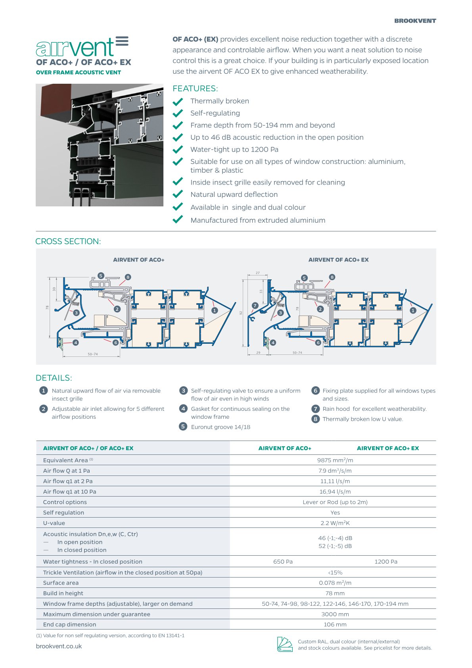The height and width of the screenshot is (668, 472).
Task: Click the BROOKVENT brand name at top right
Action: coord(415,21)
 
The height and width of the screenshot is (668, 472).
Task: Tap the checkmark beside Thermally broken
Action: coord(178,101)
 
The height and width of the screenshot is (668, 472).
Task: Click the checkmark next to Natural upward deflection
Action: coord(178,194)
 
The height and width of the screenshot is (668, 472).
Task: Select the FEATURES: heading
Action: coord(195,89)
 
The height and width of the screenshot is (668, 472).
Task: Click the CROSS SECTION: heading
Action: coord(68,241)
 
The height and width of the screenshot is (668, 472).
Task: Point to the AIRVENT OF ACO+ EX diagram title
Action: coord(338,260)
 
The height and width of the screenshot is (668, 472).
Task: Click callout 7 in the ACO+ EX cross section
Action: coord(255,305)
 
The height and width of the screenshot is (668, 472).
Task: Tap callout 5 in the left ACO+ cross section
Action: coord(101,275)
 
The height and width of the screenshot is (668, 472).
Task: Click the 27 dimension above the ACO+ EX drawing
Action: coord(258,273)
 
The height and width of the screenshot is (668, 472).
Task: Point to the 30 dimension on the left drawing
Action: coord(54,289)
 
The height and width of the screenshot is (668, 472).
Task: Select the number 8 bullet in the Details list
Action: coord(315,419)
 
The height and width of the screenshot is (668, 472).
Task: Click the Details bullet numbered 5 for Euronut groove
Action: coord(183,426)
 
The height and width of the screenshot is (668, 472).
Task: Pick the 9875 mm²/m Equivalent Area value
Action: coord(335,460)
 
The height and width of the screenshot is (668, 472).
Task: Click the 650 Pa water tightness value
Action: coord(283,562)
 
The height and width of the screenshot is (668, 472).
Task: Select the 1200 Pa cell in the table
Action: coord(386,562)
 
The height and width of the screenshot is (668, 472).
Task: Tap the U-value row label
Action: coord(54,523)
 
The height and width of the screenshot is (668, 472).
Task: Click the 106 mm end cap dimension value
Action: coord(335,624)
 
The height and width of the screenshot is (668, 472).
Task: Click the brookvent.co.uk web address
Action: coord(59,646)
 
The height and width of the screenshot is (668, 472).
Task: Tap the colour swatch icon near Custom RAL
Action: coord(284,644)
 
